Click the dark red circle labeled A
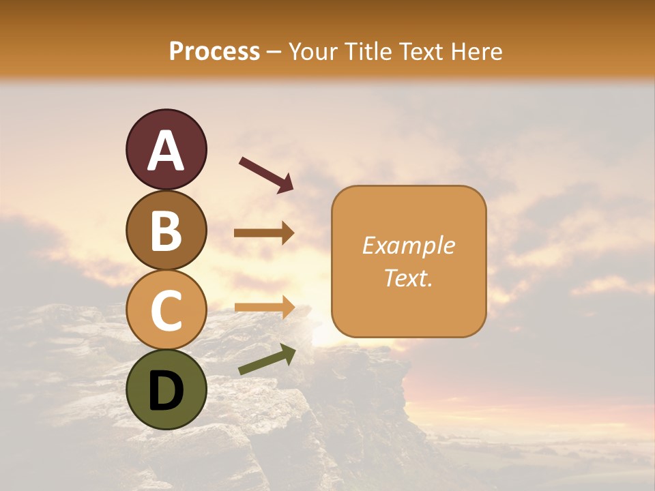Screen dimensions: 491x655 166,149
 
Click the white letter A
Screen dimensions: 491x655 166,151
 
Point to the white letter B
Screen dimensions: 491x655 166,230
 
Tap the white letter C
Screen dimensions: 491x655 166,310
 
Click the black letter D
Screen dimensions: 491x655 166,391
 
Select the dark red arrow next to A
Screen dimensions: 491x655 266,174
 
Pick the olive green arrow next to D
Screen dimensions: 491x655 267,360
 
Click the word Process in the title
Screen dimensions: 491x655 214,52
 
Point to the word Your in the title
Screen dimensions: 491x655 312,52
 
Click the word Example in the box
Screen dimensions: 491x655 408,245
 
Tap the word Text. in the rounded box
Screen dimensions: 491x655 408,278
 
